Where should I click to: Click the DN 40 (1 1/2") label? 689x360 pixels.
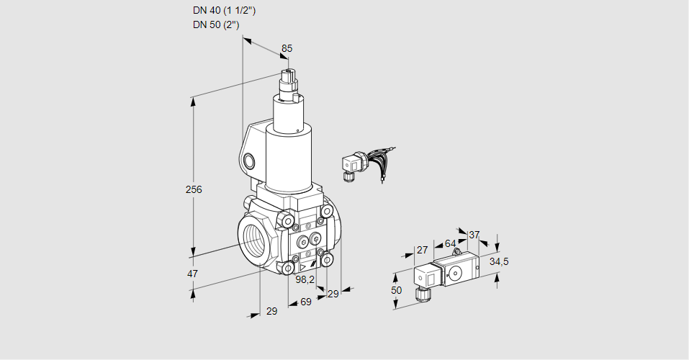(x=223, y=11)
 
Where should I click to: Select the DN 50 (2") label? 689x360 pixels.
(x=215, y=24)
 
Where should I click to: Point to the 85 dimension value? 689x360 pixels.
(x=287, y=48)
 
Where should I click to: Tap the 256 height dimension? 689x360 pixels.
(x=194, y=189)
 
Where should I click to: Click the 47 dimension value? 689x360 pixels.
(x=192, y=274)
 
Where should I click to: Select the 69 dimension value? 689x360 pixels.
(x=305, y=302)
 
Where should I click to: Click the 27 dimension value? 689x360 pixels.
(x=422, y=250)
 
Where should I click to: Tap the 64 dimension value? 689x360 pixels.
(x=450, y=244)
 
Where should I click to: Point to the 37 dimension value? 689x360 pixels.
(x=474, y=235)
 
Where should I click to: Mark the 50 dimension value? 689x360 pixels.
(x=396, y=289)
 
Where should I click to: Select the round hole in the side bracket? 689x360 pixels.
(x=249, y=161)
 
